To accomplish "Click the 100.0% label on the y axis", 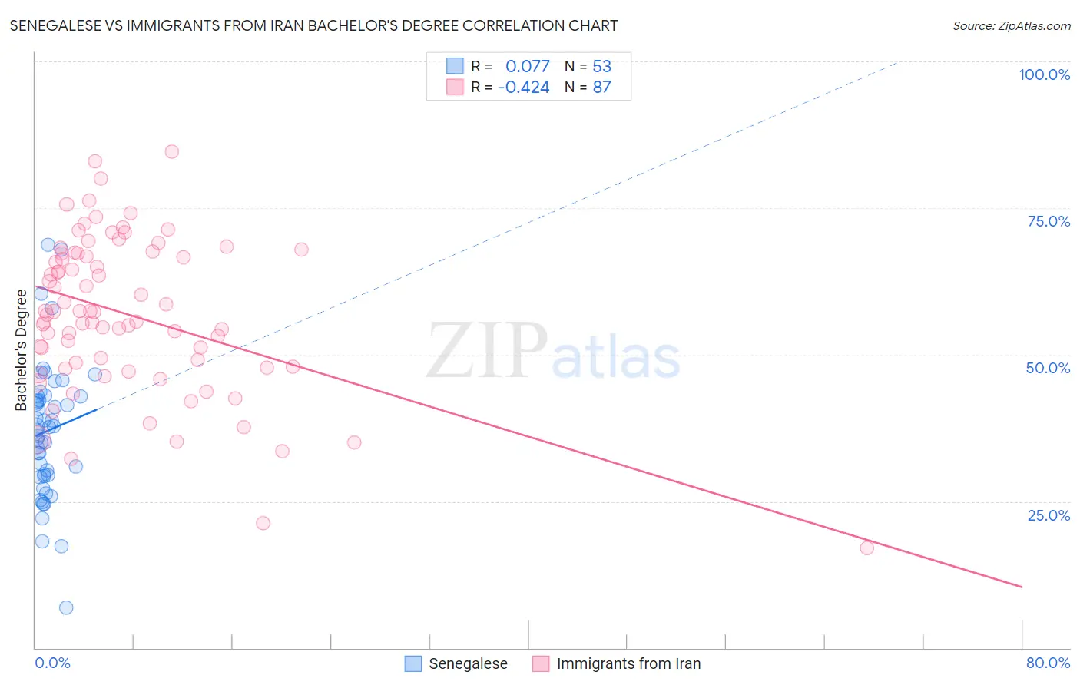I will (1044, 74).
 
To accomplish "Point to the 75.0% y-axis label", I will (1049, 221).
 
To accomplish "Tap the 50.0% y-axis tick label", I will (1048, 368).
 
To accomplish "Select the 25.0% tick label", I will (1049, 515).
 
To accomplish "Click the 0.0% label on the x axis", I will (52, 663).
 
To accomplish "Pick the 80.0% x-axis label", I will (1048, 663).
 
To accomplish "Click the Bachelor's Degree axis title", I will (22, 350).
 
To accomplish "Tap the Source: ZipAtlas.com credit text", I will (1011, 26).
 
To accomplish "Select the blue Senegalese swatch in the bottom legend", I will (413, 663).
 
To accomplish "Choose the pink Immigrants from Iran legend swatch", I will (541, 663).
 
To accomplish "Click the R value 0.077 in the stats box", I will (527, 67).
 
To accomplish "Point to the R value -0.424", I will (524, 88).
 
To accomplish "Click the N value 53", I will (601, 67).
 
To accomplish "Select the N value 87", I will (601, 88).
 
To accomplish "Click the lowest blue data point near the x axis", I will (66, 607).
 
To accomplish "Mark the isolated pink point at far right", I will (867, 548).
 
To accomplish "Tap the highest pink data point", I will (172, 152).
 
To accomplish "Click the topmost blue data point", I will (48, 245).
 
